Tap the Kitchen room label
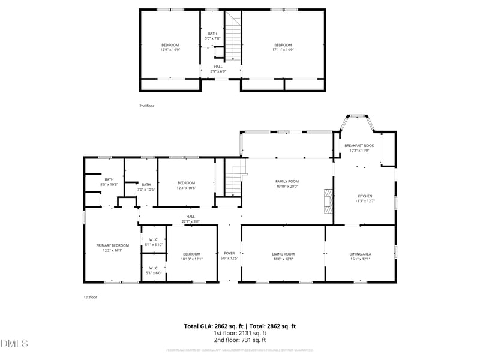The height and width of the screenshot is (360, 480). [x=365, y=199]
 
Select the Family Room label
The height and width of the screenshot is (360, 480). [x=287, y=184]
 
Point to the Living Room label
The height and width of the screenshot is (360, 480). [x=283, y=256]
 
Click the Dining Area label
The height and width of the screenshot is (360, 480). [x=360, y=256]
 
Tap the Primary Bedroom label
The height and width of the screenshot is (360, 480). [x=113, y=248]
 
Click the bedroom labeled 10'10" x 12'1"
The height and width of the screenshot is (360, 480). [x=192, y=256]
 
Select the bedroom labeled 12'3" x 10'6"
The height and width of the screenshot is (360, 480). [x=186, y=185]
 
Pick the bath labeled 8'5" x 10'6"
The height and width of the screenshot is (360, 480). [x=109, y=182]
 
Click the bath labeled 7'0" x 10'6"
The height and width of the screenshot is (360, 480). [x=146, y=187]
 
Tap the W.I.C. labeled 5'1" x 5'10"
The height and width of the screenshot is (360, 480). [x=154, y=242]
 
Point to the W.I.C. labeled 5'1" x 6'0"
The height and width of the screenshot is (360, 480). [x=154, y=271]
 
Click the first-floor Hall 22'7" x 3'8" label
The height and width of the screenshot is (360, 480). [x=190, y=219]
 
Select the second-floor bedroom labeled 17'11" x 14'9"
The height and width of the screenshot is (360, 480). [x=283, y=47]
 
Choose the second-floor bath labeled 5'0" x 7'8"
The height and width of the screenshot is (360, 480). [x=213, y=36]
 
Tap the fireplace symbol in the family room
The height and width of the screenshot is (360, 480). [x=328, y=200]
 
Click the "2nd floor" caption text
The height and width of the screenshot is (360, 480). [x=147, y=106]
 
